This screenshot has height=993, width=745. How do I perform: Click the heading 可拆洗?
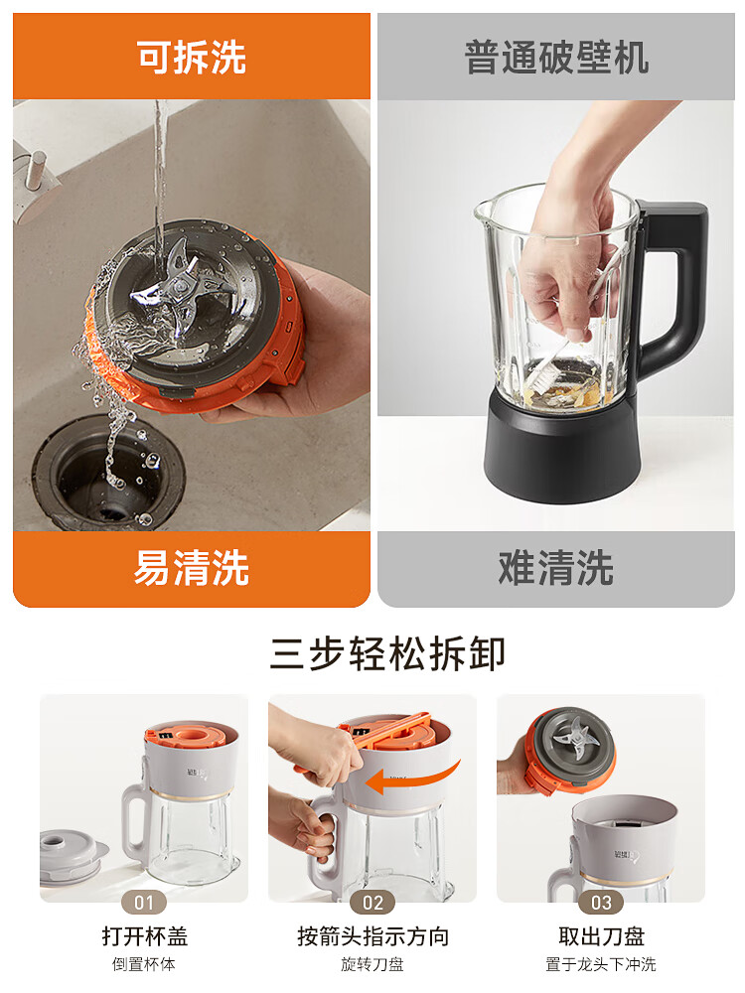point(192,58)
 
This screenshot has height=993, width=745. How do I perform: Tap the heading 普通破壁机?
point(556,58)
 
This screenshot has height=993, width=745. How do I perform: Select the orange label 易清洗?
point(192,569)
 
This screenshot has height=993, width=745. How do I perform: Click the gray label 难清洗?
point(556,569)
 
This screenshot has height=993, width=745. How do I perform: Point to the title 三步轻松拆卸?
point(387,654)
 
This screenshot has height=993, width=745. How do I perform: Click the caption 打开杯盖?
point(144,936)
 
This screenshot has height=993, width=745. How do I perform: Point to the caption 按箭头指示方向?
point(372,936)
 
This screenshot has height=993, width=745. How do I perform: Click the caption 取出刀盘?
point(601,936)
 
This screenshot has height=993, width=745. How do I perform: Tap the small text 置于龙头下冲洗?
point(601,964)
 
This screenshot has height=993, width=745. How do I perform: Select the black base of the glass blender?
point(561,452)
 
